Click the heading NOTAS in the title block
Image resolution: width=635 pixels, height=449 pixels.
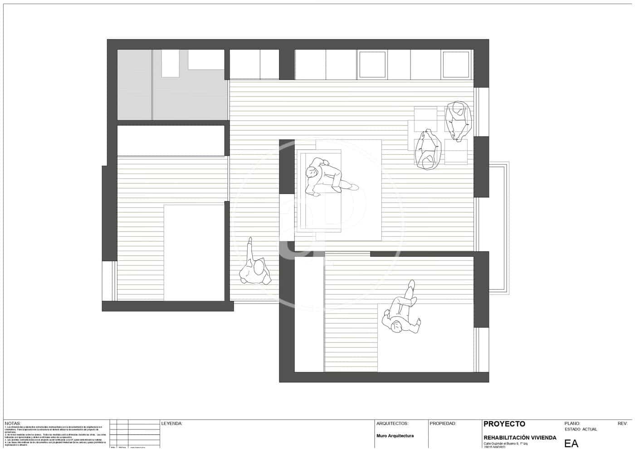(x=13, y=423)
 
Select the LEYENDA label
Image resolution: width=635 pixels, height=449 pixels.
(x=171, y=424)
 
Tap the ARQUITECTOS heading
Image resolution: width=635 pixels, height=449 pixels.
(x=392, y=424)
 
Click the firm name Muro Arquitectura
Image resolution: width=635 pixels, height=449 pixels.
(x=395, y=436)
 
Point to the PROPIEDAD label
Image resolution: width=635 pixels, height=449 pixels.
(x=443, y=424)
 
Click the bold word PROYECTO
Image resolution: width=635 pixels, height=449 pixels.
(x=504, y=424)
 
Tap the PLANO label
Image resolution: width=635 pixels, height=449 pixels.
(x=572, y=424)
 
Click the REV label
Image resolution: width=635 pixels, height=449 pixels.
(x=622, y=424)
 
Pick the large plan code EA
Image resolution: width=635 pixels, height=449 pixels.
(x=571, y=444)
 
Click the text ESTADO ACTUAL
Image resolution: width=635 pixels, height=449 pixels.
(x=581, y=429)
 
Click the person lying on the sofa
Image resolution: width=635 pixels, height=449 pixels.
(x=329, y=177)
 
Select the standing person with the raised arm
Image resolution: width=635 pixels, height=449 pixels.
(x=254, y=268)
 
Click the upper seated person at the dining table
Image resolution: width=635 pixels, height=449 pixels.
(x=459, y=120)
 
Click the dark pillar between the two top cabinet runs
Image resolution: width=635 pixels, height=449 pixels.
(x=287, y=63)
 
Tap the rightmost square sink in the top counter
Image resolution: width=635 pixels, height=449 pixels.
(x=455, y=64)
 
